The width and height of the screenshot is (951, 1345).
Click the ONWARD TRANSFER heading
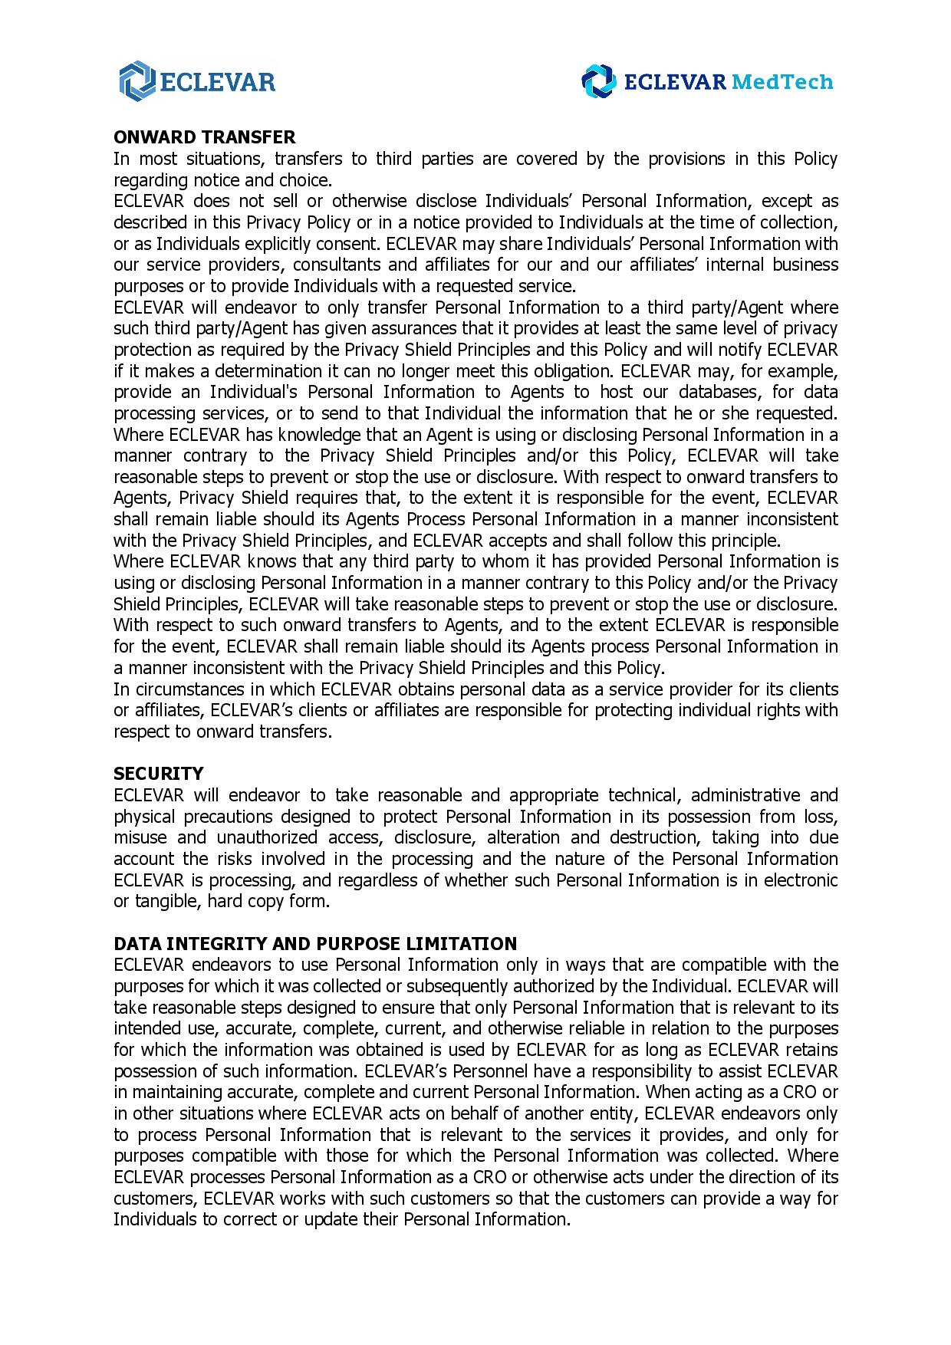tap(204, 137)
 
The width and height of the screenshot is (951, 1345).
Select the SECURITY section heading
tap(159, 774)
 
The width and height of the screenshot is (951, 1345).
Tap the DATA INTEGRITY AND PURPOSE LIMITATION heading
tap(315, 943)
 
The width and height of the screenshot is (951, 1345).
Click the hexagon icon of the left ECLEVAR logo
tap(137, 81)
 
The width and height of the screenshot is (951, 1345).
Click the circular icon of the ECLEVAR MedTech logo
tap(598, 81)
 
